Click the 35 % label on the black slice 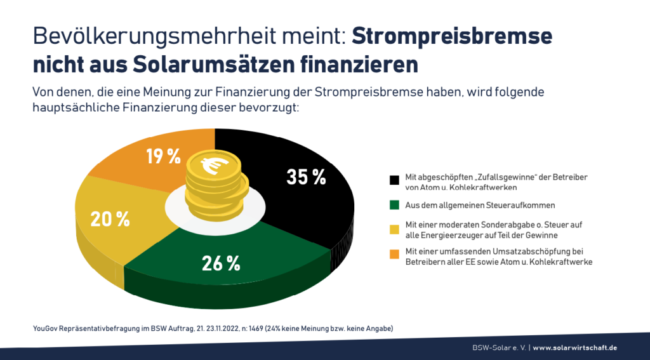click(306, 177)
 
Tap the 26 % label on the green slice click(221, 262)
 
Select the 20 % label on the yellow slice click(110, 219)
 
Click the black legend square click(395, 180)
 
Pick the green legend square click(395, 206)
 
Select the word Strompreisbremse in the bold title click(452, 37)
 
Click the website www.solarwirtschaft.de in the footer click(574, 347)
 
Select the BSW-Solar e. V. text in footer click(495, 347)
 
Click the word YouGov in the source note click(46, 328)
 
